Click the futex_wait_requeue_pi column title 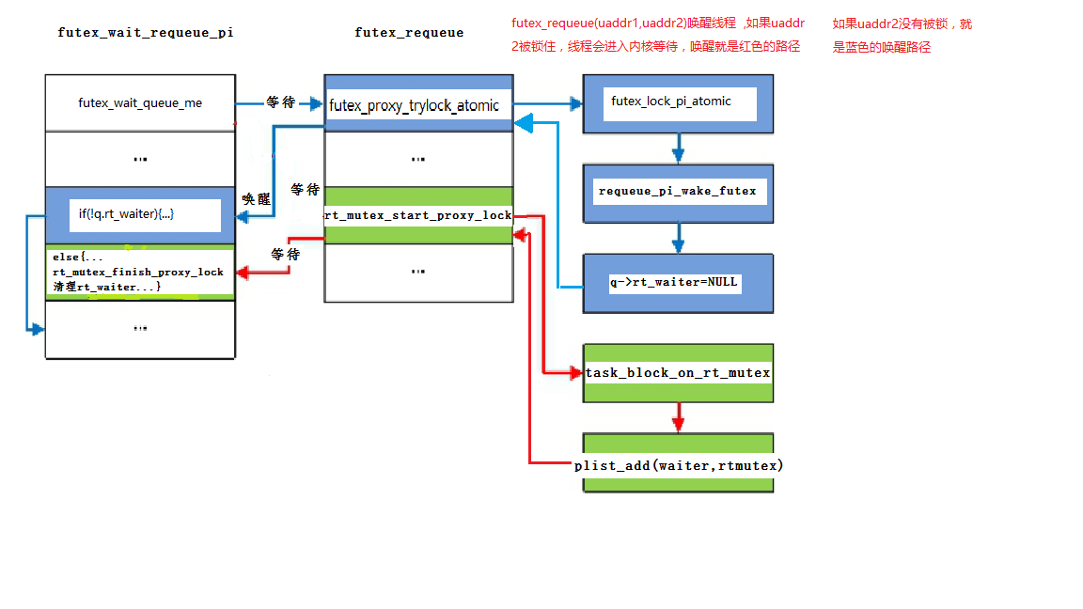(x=146, y=32)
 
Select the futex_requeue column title (x=409, y=32)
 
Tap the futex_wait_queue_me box (x=140, y=103)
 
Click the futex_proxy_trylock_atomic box (x=415, y=105)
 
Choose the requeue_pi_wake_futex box (x=677, y=191)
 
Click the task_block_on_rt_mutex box (x=678, y=373)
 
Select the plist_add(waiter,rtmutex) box (x=678, y=464)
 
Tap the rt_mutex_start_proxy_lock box (x=418, y=215)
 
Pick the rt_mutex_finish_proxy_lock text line (x=138, y=272)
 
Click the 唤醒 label (x=256, y=199)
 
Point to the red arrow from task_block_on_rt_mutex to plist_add (x=678, y=417)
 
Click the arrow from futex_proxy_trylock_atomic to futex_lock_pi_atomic (x=547, y=104)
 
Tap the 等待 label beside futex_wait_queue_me (x=281, y=102)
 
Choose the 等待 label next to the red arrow (x=285, y=255)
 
